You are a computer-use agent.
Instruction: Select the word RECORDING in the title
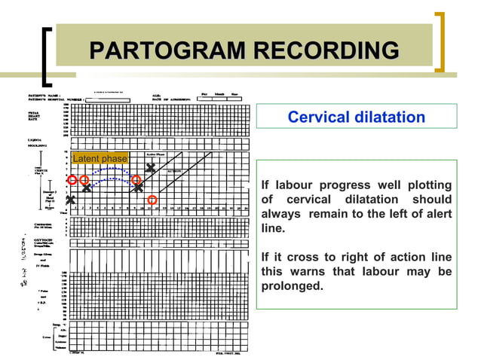326,50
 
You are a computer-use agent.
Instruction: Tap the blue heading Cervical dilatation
356,117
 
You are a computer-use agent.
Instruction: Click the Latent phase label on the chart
100,158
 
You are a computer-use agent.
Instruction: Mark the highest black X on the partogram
151,167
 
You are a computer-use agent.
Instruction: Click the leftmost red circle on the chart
72,180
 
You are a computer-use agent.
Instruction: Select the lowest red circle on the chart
152,200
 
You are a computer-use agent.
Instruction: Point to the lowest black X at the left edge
70,200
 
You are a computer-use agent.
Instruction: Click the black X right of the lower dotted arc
138,187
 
